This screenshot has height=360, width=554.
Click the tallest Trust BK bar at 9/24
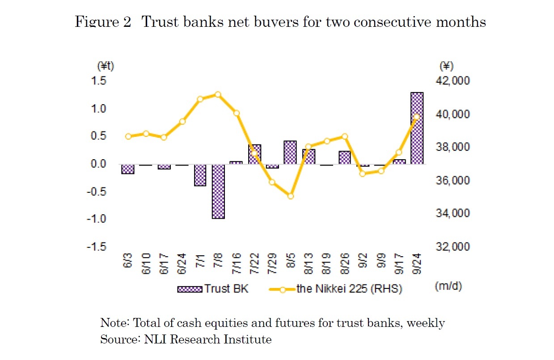pyautogui.click(x=417, y=128)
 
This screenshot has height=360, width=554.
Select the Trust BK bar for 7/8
pyautogui.click(x=218, y=191)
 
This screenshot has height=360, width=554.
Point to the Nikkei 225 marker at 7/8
pyautogui.click(x=218, y=94)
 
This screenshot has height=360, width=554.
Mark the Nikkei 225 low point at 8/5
pyautogui.click(x=290, y=196)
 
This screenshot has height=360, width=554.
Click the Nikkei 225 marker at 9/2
pyautogui.click(x=363, y=174)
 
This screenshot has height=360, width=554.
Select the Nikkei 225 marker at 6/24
pyautogui.click(x=182, y=121)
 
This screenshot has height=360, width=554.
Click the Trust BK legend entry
pyautogui.click(x=213, y=289)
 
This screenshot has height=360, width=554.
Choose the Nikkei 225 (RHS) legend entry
pyautogui.click(x=335, y=289)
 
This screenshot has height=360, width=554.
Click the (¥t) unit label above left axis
pyautogui.click(x=106, y=66)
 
